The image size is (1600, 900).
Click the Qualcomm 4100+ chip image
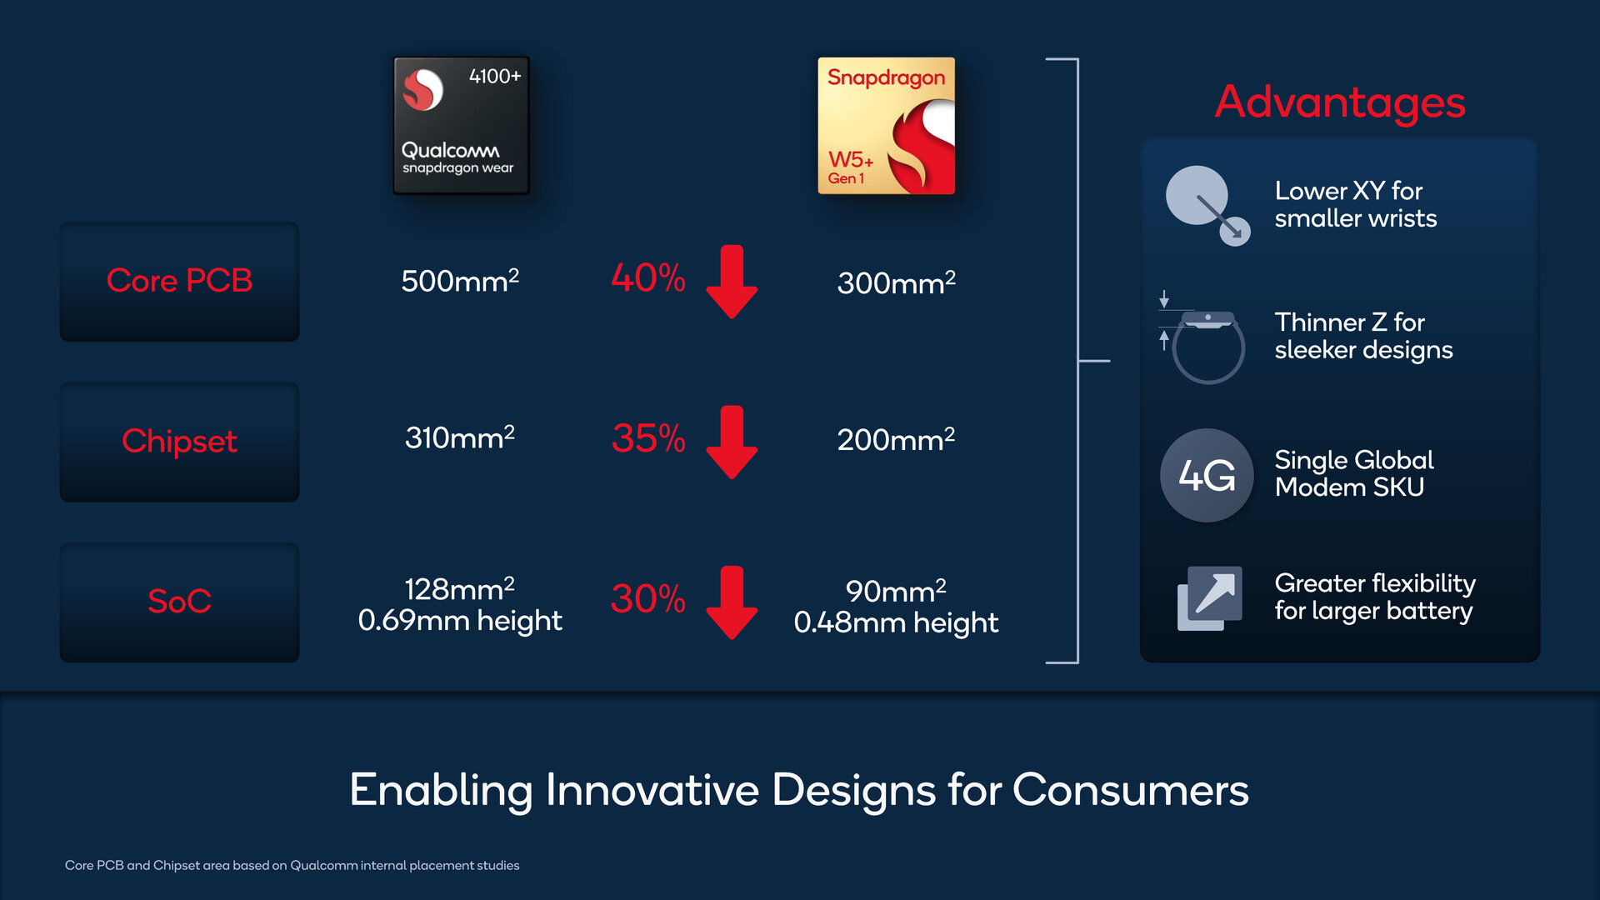point(461,126)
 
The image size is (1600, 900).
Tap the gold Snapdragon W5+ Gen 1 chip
point(886,126)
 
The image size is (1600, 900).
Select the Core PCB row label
point(179,281)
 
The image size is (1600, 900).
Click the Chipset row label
point(179,442)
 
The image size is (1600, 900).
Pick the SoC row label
point(179,601)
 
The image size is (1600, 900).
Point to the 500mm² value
point(460,280)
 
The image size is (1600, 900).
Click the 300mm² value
point(896,282)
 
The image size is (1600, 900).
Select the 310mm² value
point(460,437)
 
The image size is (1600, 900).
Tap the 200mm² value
point(896,439)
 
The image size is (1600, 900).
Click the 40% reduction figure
point(648,277)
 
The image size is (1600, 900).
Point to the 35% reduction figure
point(648,438)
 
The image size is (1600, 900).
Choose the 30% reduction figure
point(648,598)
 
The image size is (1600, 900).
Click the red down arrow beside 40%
point(732,282)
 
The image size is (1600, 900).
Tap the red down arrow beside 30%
point(732,602)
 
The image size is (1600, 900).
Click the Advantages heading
point(1340,102)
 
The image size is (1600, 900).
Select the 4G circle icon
point(1207,475)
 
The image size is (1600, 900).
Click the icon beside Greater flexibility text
point(1209,598)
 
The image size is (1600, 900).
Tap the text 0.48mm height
point(896,622)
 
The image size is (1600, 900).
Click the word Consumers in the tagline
point(1131,790)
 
